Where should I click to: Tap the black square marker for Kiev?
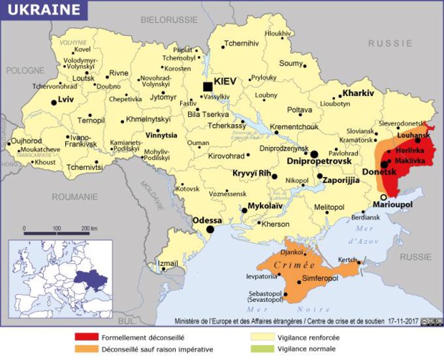[208, 86]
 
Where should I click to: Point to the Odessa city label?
[207, 219]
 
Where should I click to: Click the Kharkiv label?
[358, 93]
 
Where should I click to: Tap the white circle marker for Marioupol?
[384, 196]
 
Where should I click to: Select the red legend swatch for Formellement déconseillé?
[88, 336]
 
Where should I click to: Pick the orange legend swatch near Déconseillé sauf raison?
[88, 349]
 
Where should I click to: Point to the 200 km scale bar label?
[89, 228]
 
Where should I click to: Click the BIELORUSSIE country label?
[169, 19]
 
